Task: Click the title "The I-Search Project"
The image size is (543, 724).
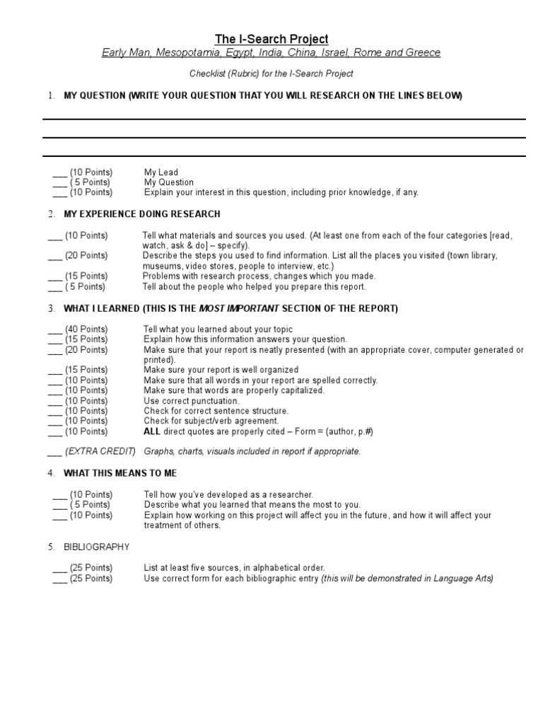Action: pos(271,39)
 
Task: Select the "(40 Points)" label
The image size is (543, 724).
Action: pos(86,329)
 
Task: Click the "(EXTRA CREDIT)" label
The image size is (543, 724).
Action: pos(100,452)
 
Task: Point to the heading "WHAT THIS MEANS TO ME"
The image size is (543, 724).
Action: pos(120,473)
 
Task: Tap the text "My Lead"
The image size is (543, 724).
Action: pos(161,173)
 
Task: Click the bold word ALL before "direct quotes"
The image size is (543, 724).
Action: pos(154,431)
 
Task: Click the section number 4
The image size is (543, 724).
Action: pos(51,473)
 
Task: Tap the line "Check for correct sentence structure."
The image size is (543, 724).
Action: pos(216,411)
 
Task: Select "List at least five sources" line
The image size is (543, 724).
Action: pos(234,568)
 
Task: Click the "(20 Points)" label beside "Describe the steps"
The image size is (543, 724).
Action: pos(86,256)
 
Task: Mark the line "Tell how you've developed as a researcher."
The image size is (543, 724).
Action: pos(228,495)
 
